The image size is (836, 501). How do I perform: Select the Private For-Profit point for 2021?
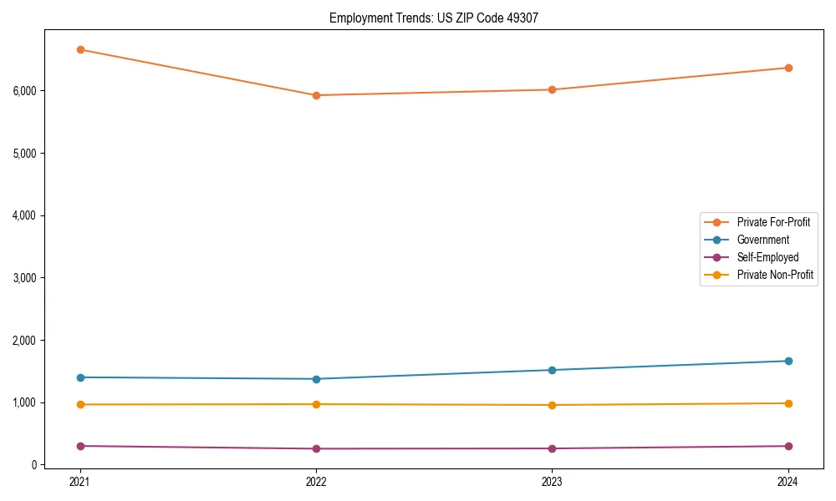click(80, 49)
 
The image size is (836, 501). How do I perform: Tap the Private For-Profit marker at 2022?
click(316, 95)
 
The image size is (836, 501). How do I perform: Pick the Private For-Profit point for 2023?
click(552, 89)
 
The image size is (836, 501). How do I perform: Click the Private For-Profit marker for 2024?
click(788, 68)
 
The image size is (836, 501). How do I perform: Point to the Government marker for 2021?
click(80, 377)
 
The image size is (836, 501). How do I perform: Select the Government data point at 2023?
click(552, 370)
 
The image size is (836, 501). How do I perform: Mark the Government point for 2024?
click(788, 361)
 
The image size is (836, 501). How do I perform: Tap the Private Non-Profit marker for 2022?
click(316, 404)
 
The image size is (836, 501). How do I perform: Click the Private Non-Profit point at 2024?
click(788, 403)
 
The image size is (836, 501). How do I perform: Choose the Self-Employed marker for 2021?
click(80, 446)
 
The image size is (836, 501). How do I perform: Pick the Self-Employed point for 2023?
click(552, 448)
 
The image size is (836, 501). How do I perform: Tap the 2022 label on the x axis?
click(316, 481)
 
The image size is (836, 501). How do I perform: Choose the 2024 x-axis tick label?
click(788, 481)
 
